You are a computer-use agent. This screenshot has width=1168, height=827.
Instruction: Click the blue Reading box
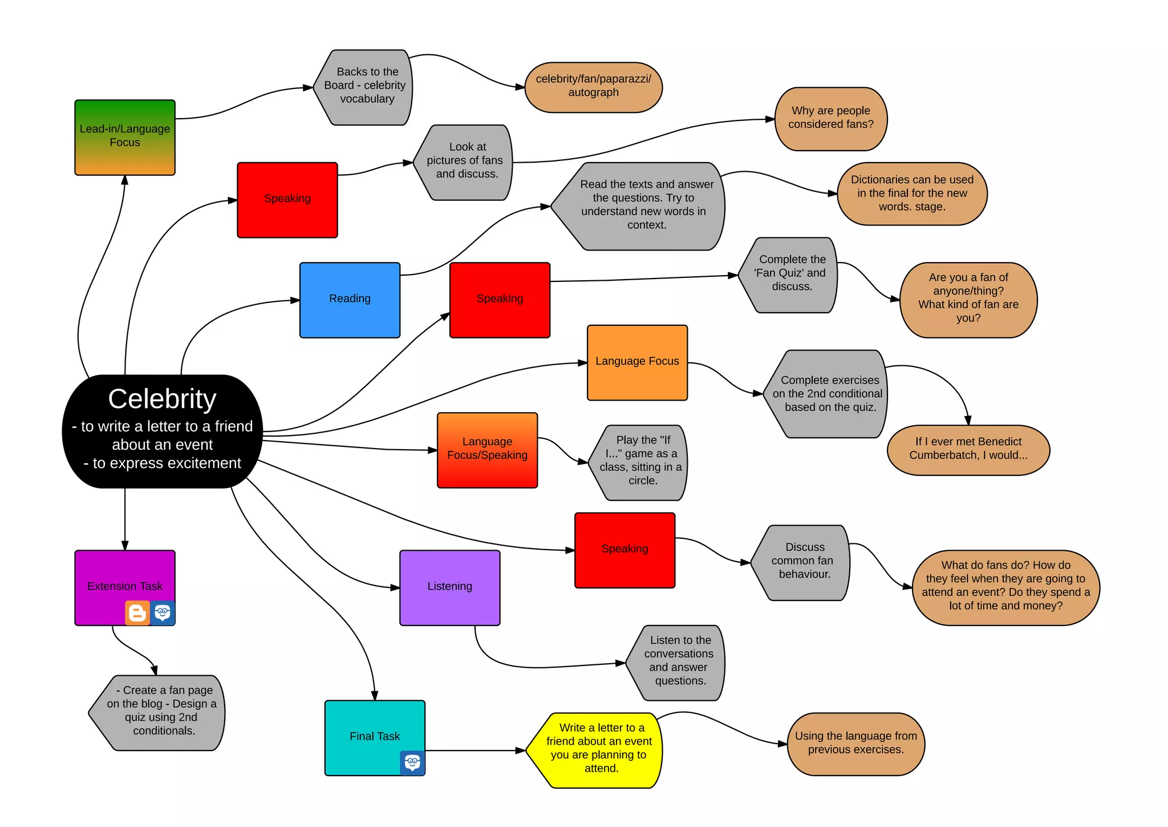(350, 300)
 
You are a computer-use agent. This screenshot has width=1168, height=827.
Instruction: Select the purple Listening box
(449, 587)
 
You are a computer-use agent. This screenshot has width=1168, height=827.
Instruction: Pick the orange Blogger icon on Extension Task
(137, 613)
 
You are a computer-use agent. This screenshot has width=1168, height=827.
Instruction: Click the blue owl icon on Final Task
(412, 763)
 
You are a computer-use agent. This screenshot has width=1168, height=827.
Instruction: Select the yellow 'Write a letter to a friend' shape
(596, 750)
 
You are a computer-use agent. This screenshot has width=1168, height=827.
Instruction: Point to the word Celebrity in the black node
(163, 398)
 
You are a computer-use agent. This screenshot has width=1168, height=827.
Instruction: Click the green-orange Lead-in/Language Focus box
(125, 137)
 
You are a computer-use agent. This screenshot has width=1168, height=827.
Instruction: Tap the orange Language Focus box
(637, 362)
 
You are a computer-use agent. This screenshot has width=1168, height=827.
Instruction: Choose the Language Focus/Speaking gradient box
(487, 450)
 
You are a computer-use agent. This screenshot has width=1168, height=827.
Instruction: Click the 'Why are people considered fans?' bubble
(831, 119)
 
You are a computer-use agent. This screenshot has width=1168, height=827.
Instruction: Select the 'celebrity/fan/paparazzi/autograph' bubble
(593, 87)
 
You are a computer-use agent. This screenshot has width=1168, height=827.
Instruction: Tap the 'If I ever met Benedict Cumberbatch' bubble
(968, 450)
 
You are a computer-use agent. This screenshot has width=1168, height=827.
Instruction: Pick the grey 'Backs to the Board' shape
(365, 87)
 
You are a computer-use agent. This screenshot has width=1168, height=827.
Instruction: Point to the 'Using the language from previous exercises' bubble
(855, 744)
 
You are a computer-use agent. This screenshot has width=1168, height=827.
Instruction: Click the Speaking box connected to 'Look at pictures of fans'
(287, 200)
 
